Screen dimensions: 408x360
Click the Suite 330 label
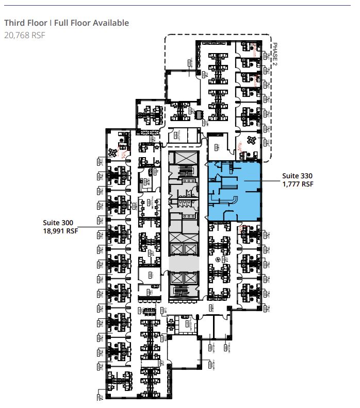[297, 176]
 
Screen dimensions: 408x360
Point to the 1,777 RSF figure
[298, 183]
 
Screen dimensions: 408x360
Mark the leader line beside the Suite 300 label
[93, 227]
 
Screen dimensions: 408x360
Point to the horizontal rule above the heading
[180, 6]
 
